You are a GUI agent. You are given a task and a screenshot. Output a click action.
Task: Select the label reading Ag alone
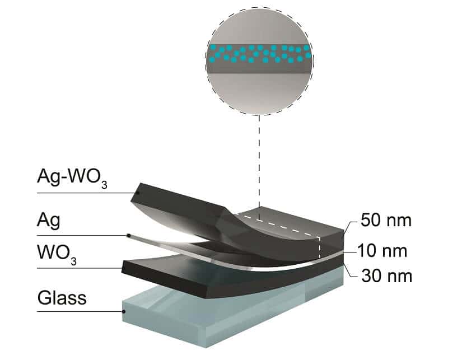(49, 221)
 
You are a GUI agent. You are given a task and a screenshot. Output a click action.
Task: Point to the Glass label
(62, 298)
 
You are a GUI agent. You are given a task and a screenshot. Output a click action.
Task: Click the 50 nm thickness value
(386, 220)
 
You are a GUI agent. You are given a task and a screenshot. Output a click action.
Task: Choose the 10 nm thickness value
(382, 251)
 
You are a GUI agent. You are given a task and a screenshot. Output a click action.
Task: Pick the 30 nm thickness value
(387, 276)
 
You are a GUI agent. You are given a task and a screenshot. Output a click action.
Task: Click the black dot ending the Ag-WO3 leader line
(138, 193)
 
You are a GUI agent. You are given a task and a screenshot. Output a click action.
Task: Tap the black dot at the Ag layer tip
(128, 236)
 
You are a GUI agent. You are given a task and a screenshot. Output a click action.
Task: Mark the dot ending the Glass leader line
(124, 311)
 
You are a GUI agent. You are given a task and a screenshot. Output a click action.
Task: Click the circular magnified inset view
(259, 61)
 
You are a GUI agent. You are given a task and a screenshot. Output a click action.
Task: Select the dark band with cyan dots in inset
(259, 58)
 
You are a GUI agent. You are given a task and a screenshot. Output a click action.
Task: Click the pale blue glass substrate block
(231, 316)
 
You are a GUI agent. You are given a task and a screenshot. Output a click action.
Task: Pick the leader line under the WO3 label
(79, 268)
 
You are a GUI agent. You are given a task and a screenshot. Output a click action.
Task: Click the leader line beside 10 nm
(350, 252)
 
